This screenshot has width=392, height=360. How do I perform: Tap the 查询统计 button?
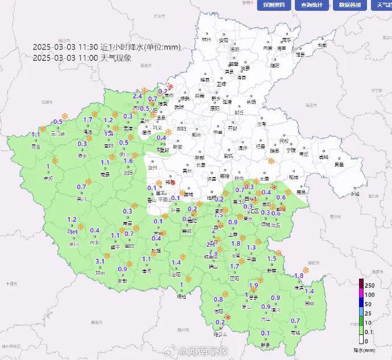point(311,5)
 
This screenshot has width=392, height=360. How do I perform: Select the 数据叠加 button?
point(349,5)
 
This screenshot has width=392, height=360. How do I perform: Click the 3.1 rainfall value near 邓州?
point(101,261)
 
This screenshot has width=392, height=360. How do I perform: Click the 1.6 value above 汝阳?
point(128,160)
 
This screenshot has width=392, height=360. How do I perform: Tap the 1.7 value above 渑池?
point(87,120)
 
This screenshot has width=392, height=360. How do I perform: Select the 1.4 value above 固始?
point(310,292)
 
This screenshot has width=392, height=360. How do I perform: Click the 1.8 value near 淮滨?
point(299,276)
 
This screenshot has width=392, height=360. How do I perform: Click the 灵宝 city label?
point(36,146)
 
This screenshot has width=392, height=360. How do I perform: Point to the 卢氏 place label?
point(48,178)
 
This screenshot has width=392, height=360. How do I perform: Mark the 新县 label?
point(265,345)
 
